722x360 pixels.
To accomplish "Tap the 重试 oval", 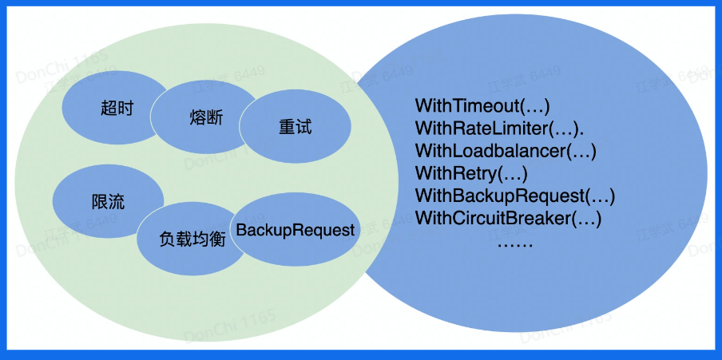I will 295,127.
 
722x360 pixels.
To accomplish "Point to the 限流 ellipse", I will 108,202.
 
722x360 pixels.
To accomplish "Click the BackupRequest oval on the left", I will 295,231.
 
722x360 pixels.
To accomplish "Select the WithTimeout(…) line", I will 482,105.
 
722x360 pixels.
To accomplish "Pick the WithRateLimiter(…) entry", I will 498,128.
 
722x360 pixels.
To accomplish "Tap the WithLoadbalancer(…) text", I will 506,150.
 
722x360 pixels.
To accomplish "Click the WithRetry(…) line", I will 471,172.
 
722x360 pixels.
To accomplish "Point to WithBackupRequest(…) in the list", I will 515,195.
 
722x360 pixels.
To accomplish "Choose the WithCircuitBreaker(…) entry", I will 508,217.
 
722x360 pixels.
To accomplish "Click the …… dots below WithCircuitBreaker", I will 514,242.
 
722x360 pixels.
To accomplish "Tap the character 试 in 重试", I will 303,127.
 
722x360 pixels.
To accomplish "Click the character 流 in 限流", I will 117,202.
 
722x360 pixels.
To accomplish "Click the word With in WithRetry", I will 432,172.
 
